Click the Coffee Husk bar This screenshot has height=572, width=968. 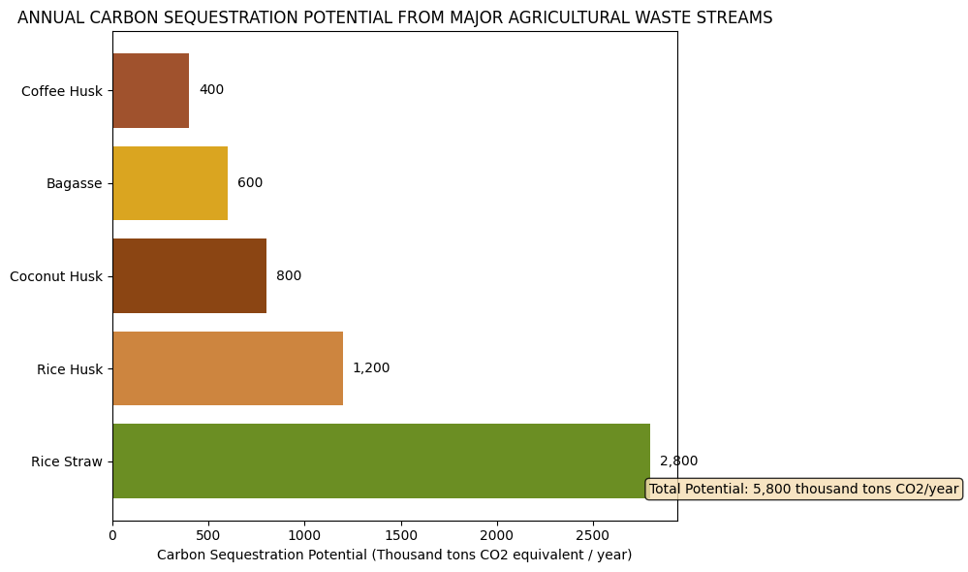point(150,90)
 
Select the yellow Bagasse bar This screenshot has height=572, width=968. point(170,183)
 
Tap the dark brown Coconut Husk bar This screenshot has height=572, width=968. point(189,276)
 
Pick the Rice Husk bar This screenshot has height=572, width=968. point(228,368)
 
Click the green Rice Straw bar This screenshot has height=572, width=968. point(381,461)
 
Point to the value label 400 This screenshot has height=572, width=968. point(211,90)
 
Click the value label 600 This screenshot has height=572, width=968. point(250,183)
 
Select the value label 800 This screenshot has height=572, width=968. point(289,276)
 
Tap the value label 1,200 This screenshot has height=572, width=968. point(371,368)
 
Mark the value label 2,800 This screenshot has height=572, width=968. point(678,461)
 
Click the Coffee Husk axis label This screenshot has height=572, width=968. point(61,91)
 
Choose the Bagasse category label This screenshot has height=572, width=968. point(74,184)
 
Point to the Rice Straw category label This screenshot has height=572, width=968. point(66,462)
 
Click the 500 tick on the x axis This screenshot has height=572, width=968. point(208,534)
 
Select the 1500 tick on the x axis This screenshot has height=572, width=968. point(400,534)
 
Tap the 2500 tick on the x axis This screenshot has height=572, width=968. point(593,534)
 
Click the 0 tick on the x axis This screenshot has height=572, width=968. point(112,534)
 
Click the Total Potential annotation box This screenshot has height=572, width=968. point(803,490)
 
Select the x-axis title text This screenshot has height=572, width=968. point(394,556)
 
